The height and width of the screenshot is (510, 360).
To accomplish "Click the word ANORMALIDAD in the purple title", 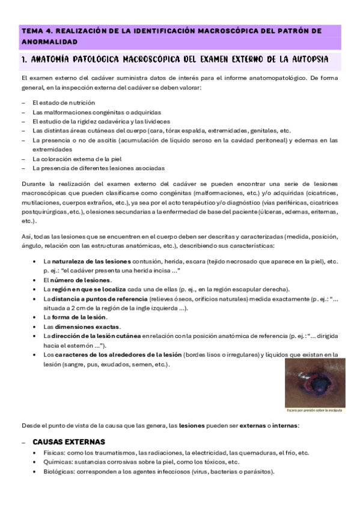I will (x=49, y=42).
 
